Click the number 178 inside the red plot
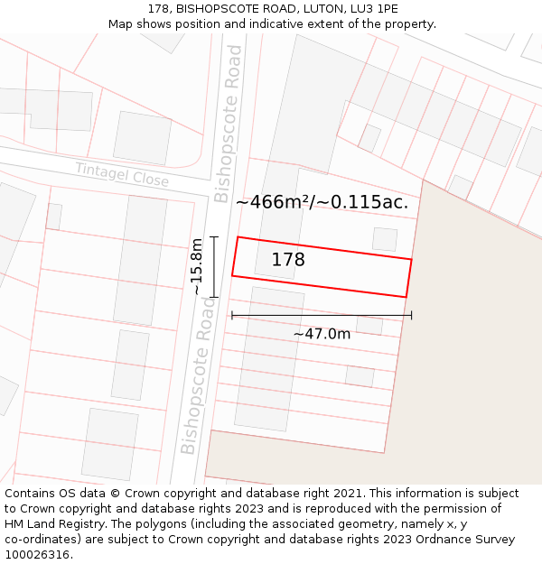pos(288,260)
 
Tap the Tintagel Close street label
pos(122,175)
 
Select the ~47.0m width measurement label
pos(322,334)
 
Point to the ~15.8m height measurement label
pos(198,266)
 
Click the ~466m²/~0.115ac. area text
pos(322,202)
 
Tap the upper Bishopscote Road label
pos(229,124)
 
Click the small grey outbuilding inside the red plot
pos(385,239)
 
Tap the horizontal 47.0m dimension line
pos(322,315)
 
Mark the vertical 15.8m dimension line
pos(214,266)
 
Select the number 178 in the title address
pos(158,9)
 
